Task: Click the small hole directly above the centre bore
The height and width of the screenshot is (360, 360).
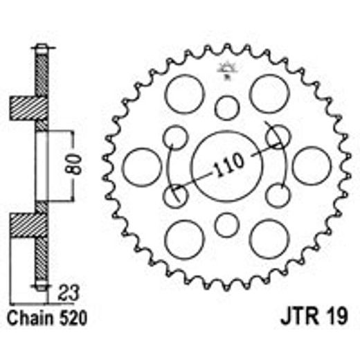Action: point(226,108)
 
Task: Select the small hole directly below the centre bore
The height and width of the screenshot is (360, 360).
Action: point(226,224)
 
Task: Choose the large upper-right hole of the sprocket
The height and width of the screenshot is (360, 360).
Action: point(268,94)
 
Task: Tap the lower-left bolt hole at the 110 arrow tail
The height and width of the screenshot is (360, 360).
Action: point(174,196)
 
